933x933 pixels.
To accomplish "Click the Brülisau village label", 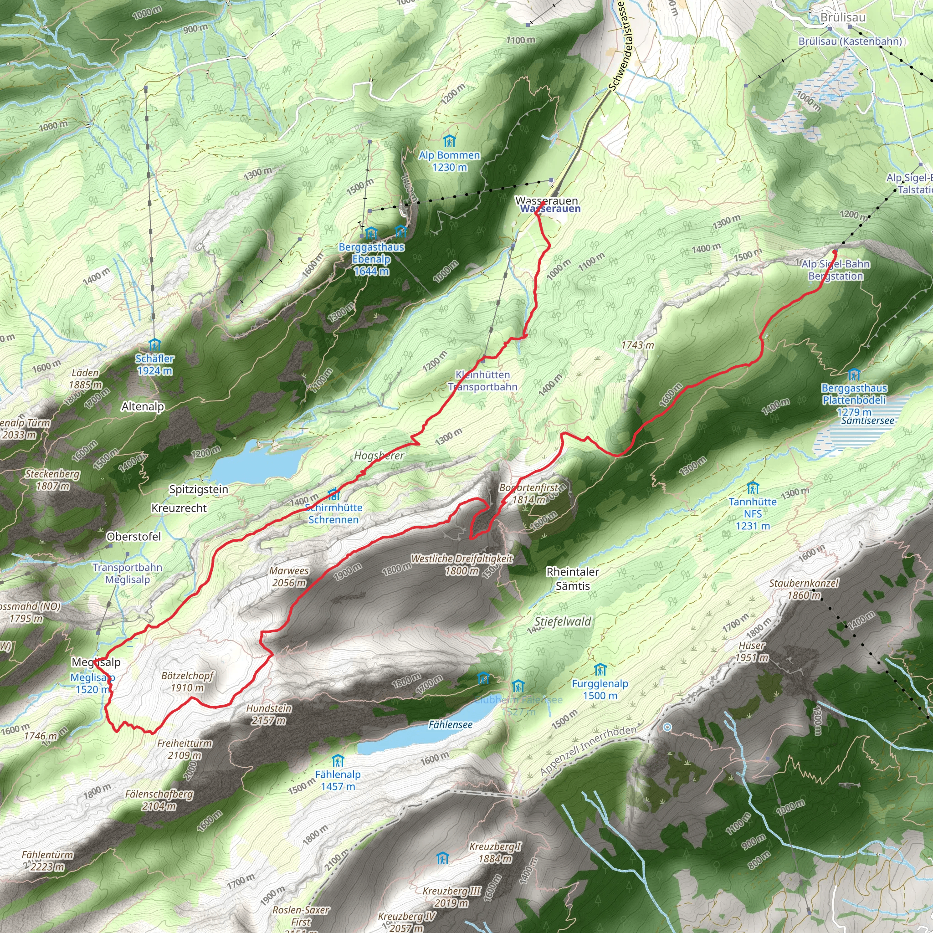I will pos(843,18).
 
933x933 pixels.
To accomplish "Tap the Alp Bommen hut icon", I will pos(449,142).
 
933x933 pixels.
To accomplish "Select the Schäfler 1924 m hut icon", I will pos(154,345).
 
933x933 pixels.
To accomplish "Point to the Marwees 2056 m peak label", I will pos(289,577).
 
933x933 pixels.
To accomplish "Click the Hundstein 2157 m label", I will pos(269,714).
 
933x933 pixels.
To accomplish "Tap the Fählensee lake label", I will pos(450,724).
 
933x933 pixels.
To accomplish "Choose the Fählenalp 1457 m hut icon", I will pos(338,762).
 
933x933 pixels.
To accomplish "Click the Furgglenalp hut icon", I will pos(600,670).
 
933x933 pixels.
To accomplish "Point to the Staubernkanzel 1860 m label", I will pos(804,589).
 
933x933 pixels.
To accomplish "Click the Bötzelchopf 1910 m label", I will pos(187,682).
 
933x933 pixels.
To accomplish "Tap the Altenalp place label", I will pos(143,407).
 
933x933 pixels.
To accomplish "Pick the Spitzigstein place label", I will pos(199,489).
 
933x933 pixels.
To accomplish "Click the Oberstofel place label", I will pos(134,537).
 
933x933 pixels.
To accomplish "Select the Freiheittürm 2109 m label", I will pos(185,749).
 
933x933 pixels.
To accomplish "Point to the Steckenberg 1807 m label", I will pos(53,480).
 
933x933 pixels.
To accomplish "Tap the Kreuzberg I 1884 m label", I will pos(495,852).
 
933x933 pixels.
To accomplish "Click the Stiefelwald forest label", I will pos(563,621).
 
